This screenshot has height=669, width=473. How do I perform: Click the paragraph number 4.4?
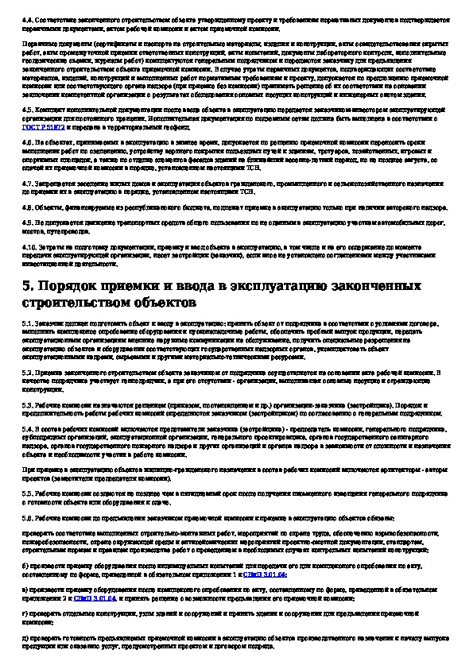click(x=27, y=15)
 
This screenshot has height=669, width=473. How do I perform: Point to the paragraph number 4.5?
click(x=27, y=106)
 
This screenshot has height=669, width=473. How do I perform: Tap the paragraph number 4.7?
click(x=27, y=182)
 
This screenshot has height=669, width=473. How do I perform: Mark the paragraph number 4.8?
click(x=27, y=205)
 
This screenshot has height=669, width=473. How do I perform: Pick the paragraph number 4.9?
click(x=27, y=222)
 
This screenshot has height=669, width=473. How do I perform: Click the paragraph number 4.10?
click(x=29, y=246)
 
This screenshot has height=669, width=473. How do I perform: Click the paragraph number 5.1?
click(x=27, y=325)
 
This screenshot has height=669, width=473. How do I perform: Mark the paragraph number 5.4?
click(x=27, y=428)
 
